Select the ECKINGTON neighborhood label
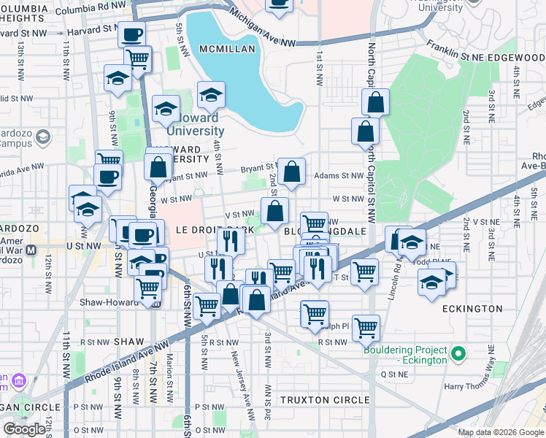tap(472, 309)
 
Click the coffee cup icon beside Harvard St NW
tap(132, 34)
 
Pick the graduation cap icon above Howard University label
tap(211, 95)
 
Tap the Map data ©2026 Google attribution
tap(500, 432)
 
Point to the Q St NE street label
tap(404, 373)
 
